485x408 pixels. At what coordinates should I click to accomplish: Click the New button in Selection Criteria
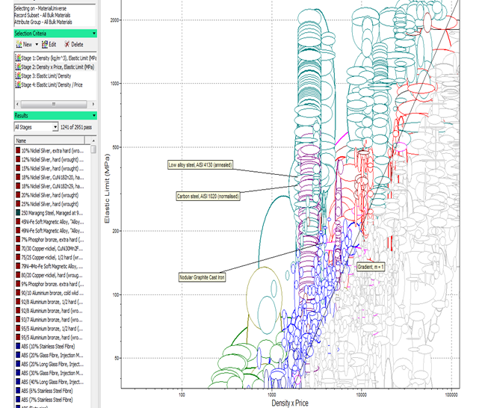click(x=24, y=45)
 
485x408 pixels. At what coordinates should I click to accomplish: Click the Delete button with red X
click(x=73, y=45)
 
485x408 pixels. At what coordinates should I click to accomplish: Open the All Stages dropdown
click(x=35, y=128)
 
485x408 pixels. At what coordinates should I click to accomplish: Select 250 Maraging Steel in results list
click(x=52, y=213)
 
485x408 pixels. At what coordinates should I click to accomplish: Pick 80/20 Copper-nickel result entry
click(x=52, y=274)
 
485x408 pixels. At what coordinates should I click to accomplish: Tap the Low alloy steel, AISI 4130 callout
click(x=200, y=165)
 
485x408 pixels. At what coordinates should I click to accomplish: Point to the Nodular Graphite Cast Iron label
click(x=203, y=277)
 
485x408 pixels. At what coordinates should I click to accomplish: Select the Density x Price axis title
click(x=290, y=402)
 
